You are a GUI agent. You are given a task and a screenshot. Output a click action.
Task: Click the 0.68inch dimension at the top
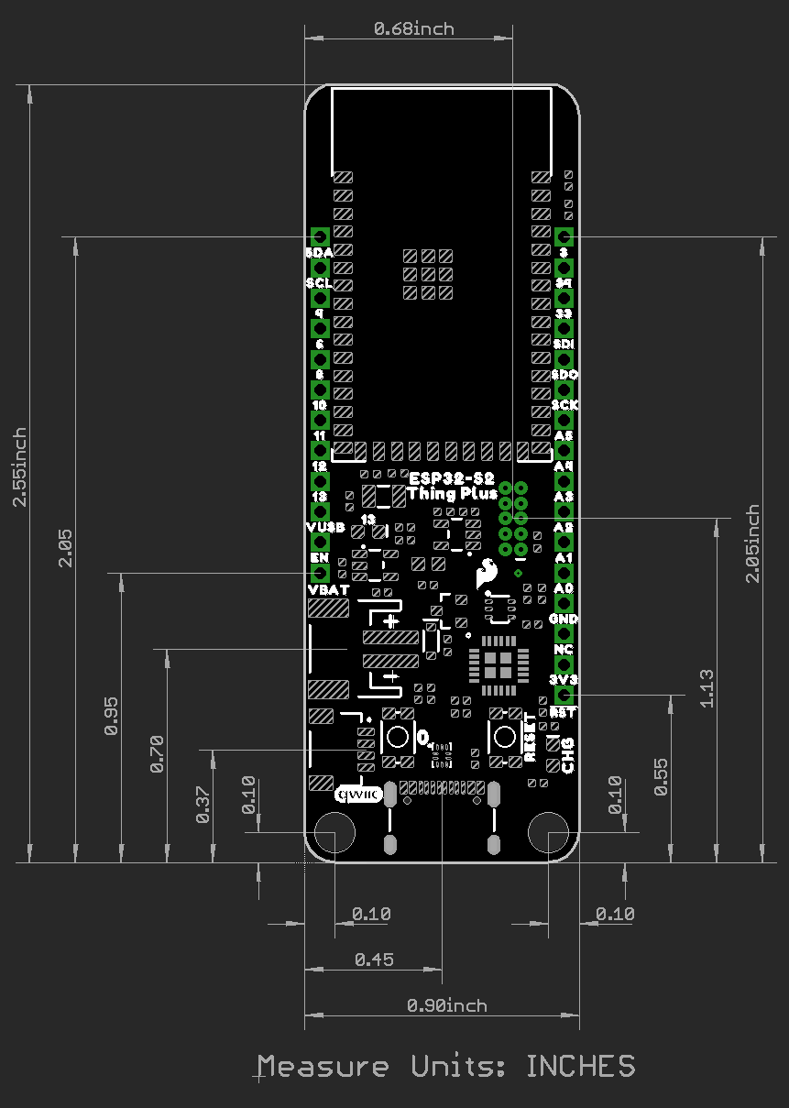click(413, 28)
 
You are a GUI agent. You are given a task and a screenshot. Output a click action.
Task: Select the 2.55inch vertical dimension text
click(20, 467)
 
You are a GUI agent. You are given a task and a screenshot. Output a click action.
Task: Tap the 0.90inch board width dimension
click(446, 1005)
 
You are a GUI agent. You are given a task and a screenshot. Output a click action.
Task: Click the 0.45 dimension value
click(374, 960)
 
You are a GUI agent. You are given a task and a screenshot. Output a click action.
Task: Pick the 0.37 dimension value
click(203, 805)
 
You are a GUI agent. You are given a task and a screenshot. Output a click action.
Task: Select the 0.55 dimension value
click(662, 776)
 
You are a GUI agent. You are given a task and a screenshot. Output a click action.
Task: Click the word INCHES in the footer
click(580, 1066)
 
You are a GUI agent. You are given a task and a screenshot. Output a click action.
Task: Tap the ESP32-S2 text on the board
click(452, 478)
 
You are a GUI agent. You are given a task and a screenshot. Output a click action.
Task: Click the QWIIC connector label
click(355, 795)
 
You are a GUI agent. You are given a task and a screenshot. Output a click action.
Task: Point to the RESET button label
click(530, 738)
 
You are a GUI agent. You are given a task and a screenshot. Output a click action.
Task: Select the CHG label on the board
click(567, 754)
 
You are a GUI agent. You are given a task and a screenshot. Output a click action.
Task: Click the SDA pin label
click(319, 252)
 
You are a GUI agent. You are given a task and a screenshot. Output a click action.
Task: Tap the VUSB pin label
click(324, 527)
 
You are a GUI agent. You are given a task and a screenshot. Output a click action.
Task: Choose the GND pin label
click(564, 619)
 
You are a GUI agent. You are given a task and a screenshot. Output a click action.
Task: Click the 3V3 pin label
click(564, 680)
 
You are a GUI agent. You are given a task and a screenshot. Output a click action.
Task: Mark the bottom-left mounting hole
click(334, 833)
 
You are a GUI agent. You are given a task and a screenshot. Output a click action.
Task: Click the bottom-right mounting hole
click(548, 833)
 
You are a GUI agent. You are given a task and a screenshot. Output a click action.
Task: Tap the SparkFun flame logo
click(486, 575)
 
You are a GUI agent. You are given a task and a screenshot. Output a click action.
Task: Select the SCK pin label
click(564, 404)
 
